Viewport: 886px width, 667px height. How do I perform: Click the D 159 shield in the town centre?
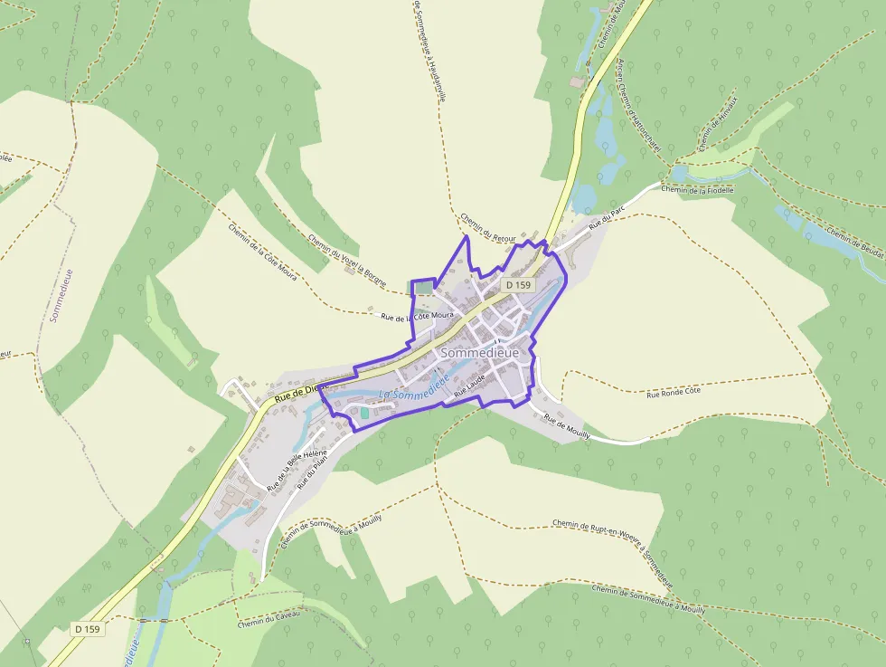click(x=519, y=285)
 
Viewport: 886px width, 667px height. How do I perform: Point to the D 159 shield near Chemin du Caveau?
click(x=88, y=628)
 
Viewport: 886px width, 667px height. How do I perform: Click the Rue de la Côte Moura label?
click(x=417, y=317)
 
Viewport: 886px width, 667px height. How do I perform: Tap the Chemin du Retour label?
click(x=487, y=227)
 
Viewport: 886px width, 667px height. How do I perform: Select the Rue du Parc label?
click(x=607, y=217)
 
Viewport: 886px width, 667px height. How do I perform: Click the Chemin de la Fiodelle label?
click(x=696, y=189)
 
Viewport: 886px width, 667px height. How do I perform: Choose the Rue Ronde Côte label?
click(x=674, y=393)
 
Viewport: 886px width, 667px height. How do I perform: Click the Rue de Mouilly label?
click(x=567, y=428)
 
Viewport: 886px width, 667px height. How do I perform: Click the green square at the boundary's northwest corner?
click(x=421, y=288)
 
